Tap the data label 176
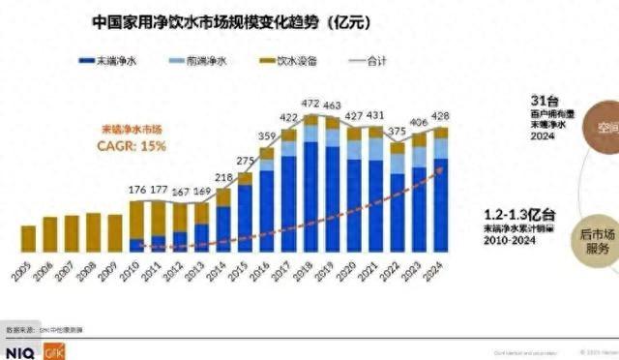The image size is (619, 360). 135,190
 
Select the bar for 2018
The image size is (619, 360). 310,184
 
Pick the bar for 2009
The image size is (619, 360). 115,233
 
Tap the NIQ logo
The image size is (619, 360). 19,351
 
